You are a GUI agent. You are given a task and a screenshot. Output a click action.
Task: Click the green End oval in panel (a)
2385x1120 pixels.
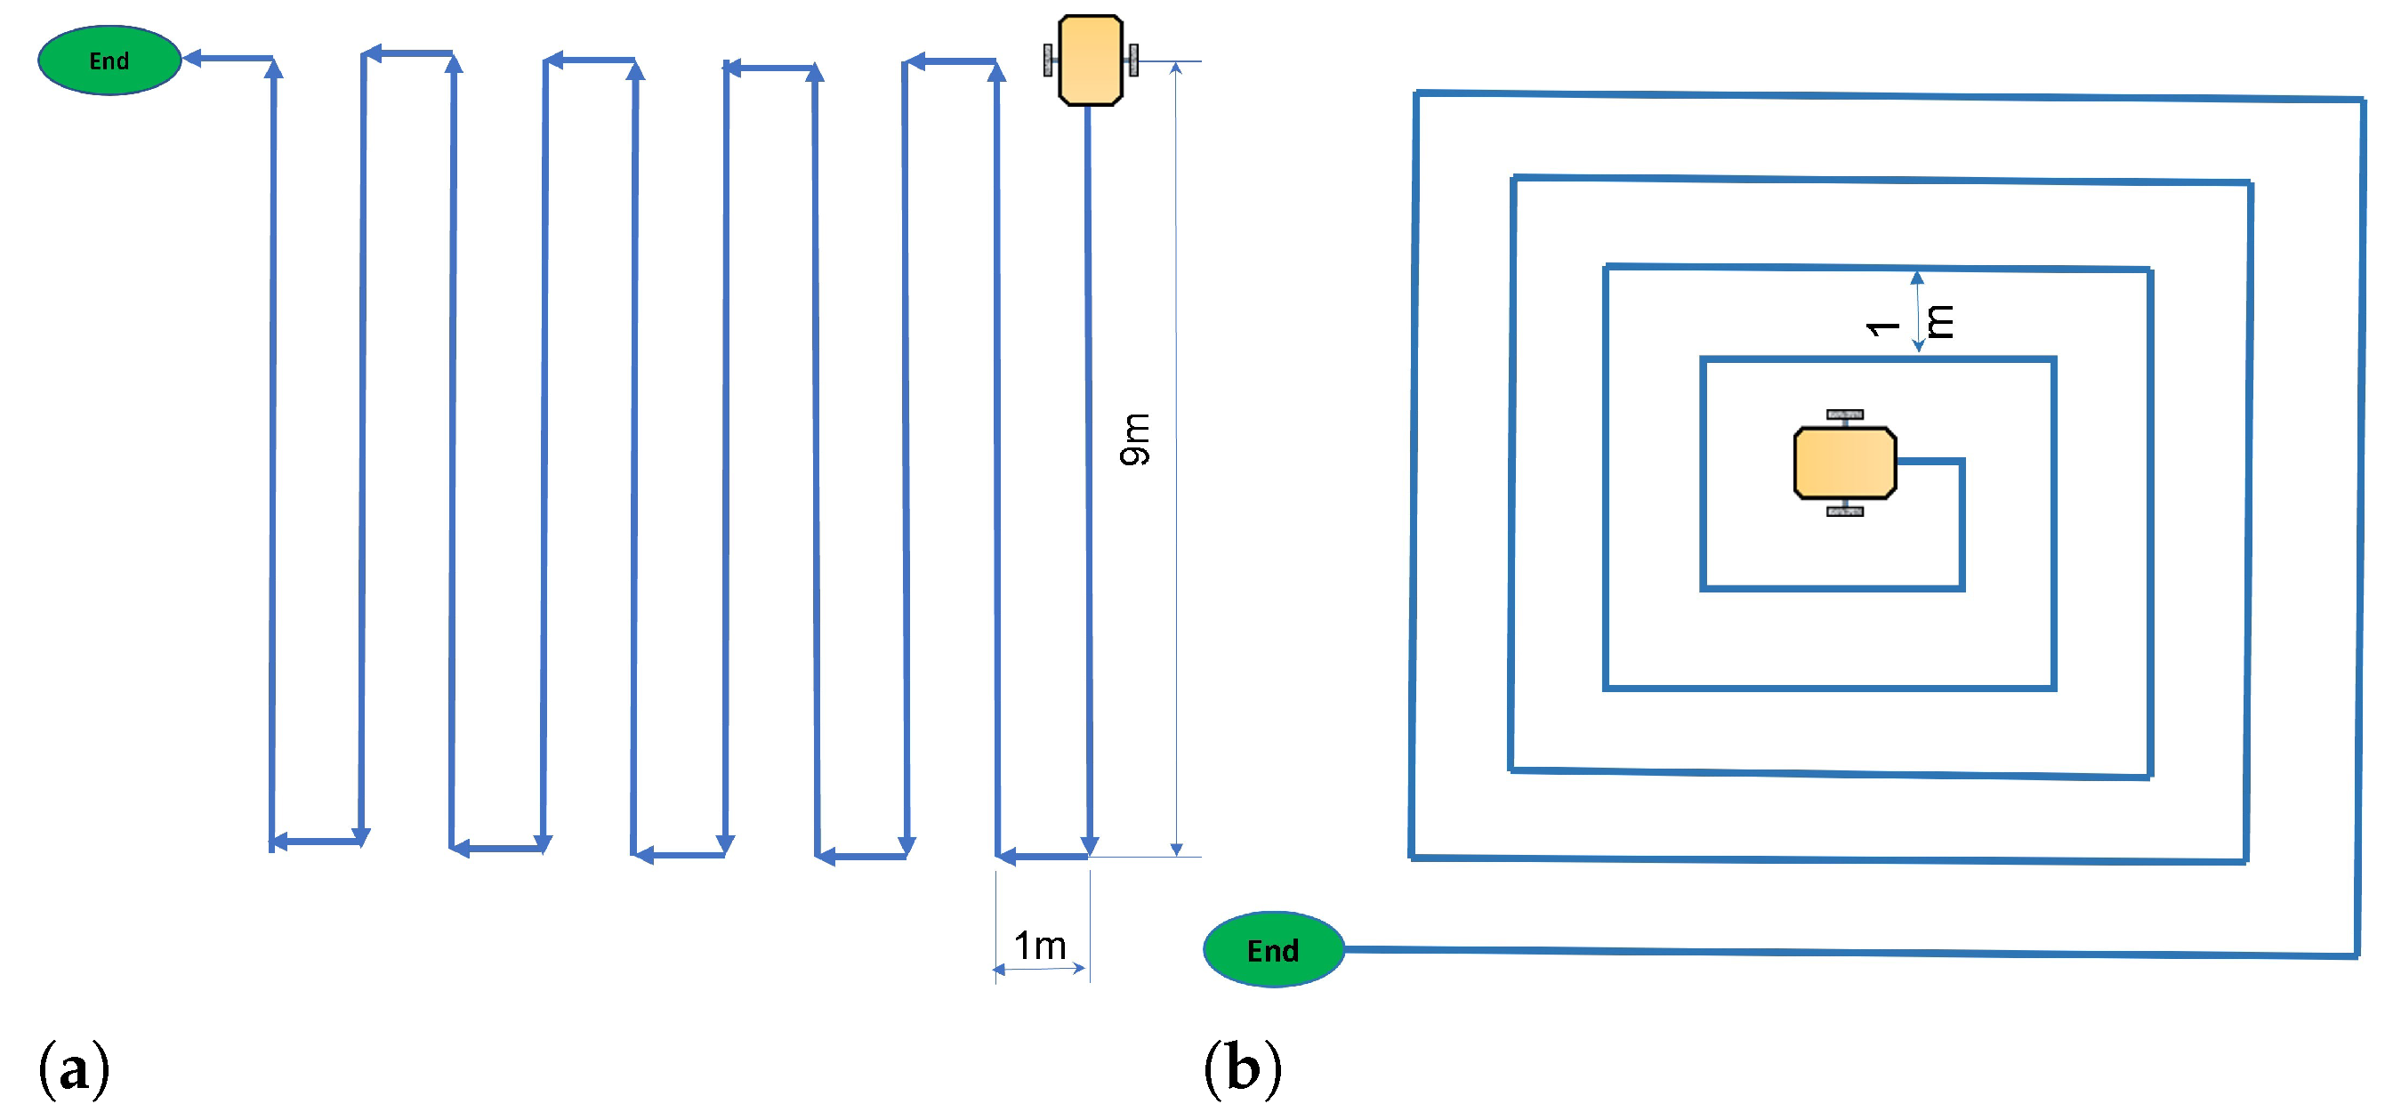[109, 60]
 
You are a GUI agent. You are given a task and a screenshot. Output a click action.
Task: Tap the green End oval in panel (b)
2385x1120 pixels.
[1273, 950]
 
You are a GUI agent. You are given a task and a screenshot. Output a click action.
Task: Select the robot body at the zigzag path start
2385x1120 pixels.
[1091, 60]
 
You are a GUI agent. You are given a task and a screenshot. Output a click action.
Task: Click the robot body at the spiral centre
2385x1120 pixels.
[1844, 463]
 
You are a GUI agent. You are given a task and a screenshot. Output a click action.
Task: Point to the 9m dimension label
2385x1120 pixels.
[1135, 439]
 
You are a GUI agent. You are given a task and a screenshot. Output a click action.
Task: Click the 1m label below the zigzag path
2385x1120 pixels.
[1040, 946]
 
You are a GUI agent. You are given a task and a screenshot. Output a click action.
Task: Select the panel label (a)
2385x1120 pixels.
[74, 1069]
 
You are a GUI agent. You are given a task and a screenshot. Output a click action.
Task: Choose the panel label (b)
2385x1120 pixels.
[1243, 1069]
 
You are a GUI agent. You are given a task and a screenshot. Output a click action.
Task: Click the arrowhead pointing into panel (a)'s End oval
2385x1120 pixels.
[192, 59]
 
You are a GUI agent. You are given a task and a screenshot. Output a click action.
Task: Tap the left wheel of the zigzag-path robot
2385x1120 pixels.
[1048, 60]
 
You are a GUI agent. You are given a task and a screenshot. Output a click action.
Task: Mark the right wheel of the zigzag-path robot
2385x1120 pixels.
[1133, 60]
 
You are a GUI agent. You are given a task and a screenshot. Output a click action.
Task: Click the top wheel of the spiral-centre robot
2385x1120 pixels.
[1844, 415]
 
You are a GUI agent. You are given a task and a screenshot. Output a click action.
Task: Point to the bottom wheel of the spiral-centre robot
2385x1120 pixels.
[1844, 511]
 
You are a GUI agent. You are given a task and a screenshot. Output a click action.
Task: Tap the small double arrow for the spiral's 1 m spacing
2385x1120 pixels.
[1917, 312]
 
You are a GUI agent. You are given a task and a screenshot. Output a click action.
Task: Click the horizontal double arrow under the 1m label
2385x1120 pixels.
[1039, 969]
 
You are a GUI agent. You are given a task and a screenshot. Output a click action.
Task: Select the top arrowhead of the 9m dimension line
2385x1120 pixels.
[1176, 68]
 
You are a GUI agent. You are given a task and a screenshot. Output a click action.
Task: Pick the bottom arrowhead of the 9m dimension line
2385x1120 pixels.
[1176, 849]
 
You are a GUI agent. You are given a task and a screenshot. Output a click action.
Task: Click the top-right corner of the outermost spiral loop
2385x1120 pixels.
[2362, 99]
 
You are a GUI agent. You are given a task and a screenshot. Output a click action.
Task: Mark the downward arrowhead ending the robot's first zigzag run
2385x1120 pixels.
[1090, 845]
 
